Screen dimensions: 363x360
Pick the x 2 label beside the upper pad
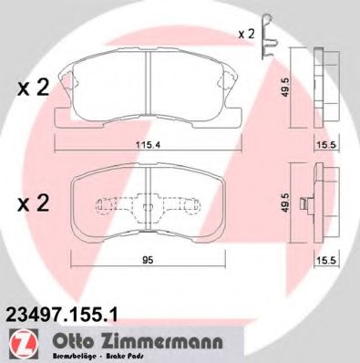[x=34, y=88]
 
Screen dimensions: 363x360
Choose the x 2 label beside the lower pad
[x=34, y=202]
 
